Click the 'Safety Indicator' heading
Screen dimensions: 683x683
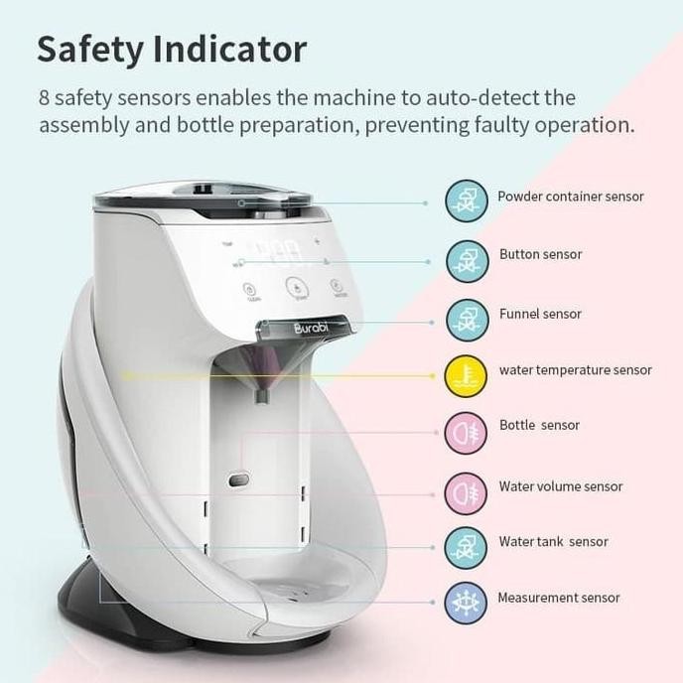tap(172, 49)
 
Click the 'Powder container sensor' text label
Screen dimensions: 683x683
tap(570, 197)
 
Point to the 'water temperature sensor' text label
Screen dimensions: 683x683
tap(575, 370)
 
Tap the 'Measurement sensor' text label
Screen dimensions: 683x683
tap(558, 598)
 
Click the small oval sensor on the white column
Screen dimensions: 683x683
tap(238, 480)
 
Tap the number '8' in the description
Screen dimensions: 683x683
tap(45, 99)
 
